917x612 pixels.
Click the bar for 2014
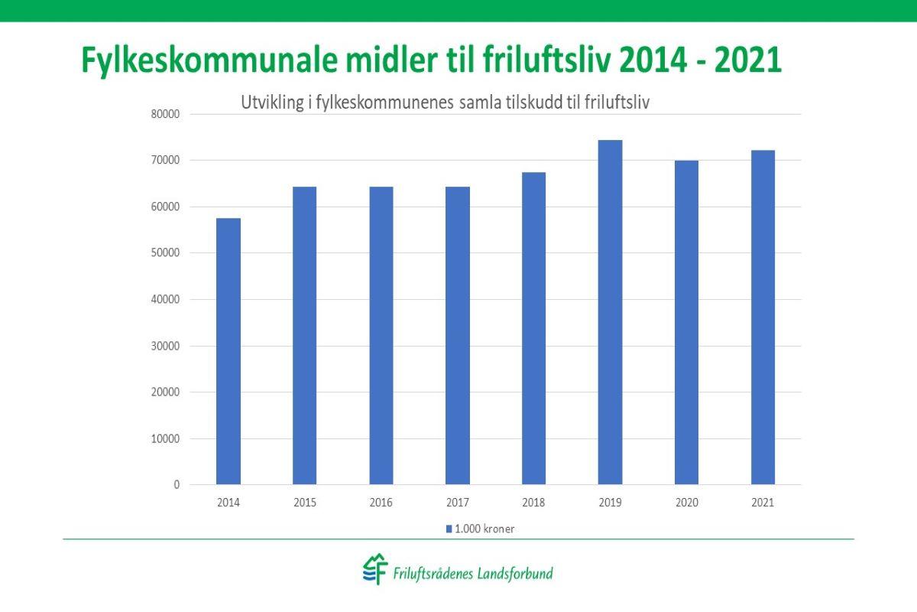pyautogui.click(x=228, y=351)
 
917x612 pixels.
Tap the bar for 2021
pyautogui.click(x=763, y=317)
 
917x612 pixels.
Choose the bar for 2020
pyautogui.click(x=686, y=322)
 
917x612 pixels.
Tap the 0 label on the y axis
pyautogui.click(x=177, y=485)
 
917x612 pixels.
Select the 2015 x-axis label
pyautogui.click(x=304, y=503)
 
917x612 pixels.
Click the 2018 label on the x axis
pyautogui.click(x=533, y=503)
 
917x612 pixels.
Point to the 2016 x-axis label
pyautogui.click(x=381, y=503)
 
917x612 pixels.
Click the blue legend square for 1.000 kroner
pyautogui.click(x=449, y=529)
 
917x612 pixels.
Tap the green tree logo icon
pyautogui.click(x=375, y=570)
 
